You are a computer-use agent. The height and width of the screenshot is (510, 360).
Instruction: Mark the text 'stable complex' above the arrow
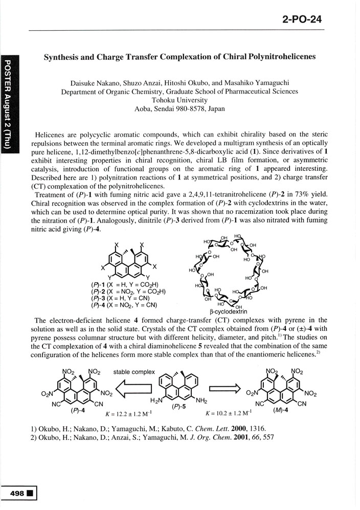click(134, 371)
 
